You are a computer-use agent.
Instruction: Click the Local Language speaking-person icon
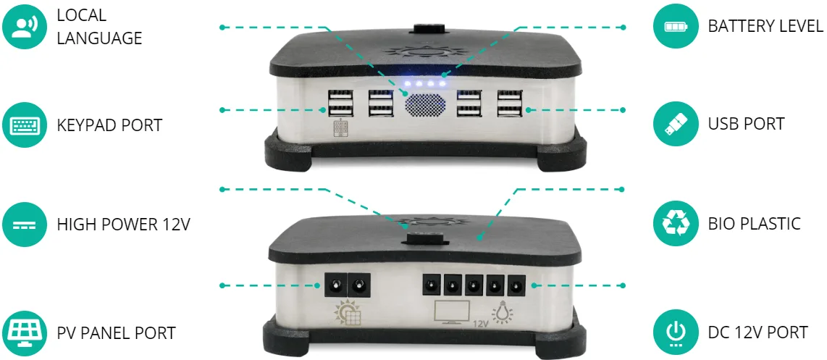(25, 26)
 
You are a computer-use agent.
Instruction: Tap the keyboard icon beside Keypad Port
(25, 125)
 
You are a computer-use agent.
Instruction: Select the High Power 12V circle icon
(25, 225)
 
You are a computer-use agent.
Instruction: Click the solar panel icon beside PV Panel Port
(25, 333)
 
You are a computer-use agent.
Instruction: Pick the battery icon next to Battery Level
(676, 26)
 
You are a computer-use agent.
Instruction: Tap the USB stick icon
(676, 124)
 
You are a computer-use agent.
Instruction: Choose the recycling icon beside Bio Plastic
(676, 223)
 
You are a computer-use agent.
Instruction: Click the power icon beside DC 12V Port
(676, 332)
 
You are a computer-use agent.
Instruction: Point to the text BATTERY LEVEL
(765, 26)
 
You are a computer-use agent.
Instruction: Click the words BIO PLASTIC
(754, 223)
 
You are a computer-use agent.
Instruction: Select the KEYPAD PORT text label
(109, 125)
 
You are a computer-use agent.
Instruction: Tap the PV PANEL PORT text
(116, 333)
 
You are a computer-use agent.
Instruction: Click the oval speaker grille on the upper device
(426, 104)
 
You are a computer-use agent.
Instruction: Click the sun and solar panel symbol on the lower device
(348, 312)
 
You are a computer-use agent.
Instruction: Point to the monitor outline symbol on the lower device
(452, 311)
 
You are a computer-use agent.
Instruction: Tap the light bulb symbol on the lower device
(502, 312)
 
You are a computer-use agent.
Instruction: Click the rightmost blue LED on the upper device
(442, 83)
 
